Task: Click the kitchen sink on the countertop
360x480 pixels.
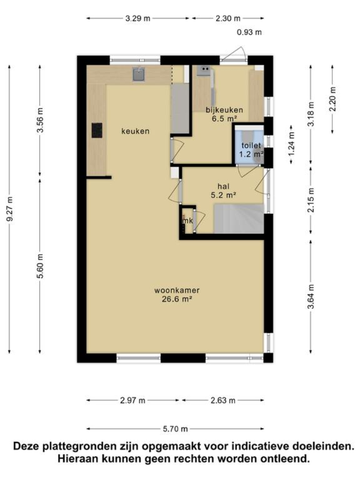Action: coord(139,75)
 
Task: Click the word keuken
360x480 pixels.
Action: coord(135,131)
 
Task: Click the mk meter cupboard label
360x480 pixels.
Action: coord(188,221)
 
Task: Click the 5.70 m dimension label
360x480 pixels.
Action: coord(176,429)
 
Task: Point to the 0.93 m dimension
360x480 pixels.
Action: coord(249,32)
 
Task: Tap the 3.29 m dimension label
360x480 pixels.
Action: coord(138,19)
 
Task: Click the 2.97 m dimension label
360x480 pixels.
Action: coord(132,400)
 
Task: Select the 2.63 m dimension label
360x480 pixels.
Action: coord(223,400)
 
